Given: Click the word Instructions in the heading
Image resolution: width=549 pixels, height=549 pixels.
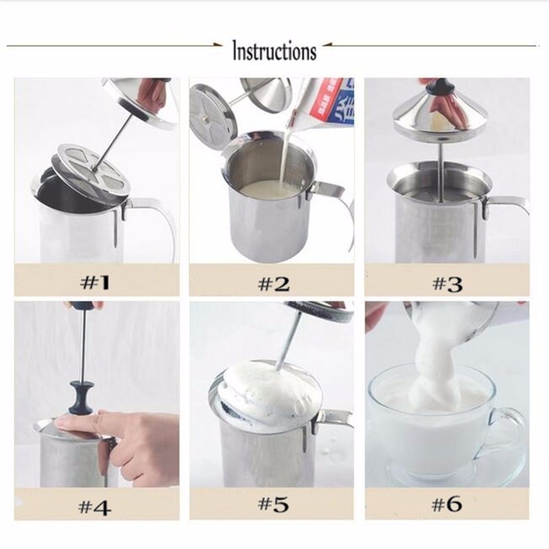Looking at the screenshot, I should click(274, 51).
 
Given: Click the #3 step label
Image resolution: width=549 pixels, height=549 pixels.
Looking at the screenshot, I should click(447, 283).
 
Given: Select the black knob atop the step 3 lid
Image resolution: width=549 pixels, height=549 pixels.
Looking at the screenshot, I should click(439, 86).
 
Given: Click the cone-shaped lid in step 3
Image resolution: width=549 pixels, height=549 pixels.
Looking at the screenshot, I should click(439, 117).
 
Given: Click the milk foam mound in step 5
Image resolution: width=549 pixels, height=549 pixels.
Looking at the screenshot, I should click(264, 384).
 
